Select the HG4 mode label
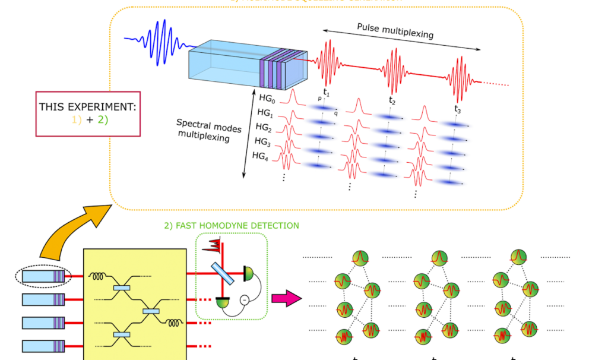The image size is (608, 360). tap(261, 156)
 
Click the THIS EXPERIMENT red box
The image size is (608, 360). tap(87, 113)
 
